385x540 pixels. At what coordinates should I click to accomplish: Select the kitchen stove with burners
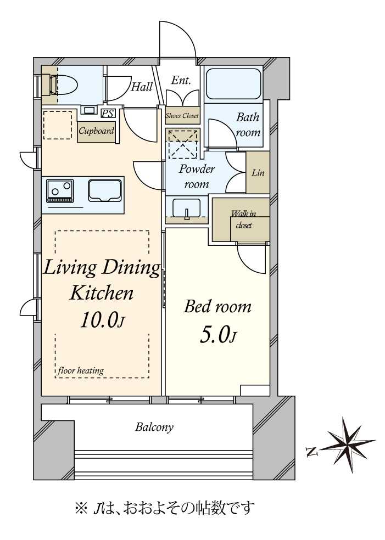tap(60, 190)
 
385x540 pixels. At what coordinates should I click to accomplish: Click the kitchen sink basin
tap(104, 190)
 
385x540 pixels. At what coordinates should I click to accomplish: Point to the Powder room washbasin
tap(187, 209)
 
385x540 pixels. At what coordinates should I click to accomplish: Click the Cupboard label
tap(96, 131)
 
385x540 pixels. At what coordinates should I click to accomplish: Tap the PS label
tap(108, 113)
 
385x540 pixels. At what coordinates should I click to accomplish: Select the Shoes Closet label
tap(182, 116)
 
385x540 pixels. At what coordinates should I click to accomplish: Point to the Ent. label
tap(181, 80)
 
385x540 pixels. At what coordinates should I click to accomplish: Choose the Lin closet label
tap(258, 172)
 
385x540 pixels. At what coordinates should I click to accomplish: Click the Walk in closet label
tap(244, 220)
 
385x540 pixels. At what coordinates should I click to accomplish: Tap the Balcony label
tap(154, 428)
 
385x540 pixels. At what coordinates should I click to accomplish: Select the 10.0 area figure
tap(102, 320)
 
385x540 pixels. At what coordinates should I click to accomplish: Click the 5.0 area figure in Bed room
tap(218, 335)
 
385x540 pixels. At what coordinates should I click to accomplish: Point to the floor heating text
tap(81, 370)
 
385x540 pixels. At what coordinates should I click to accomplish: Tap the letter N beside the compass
tap(311, 451)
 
